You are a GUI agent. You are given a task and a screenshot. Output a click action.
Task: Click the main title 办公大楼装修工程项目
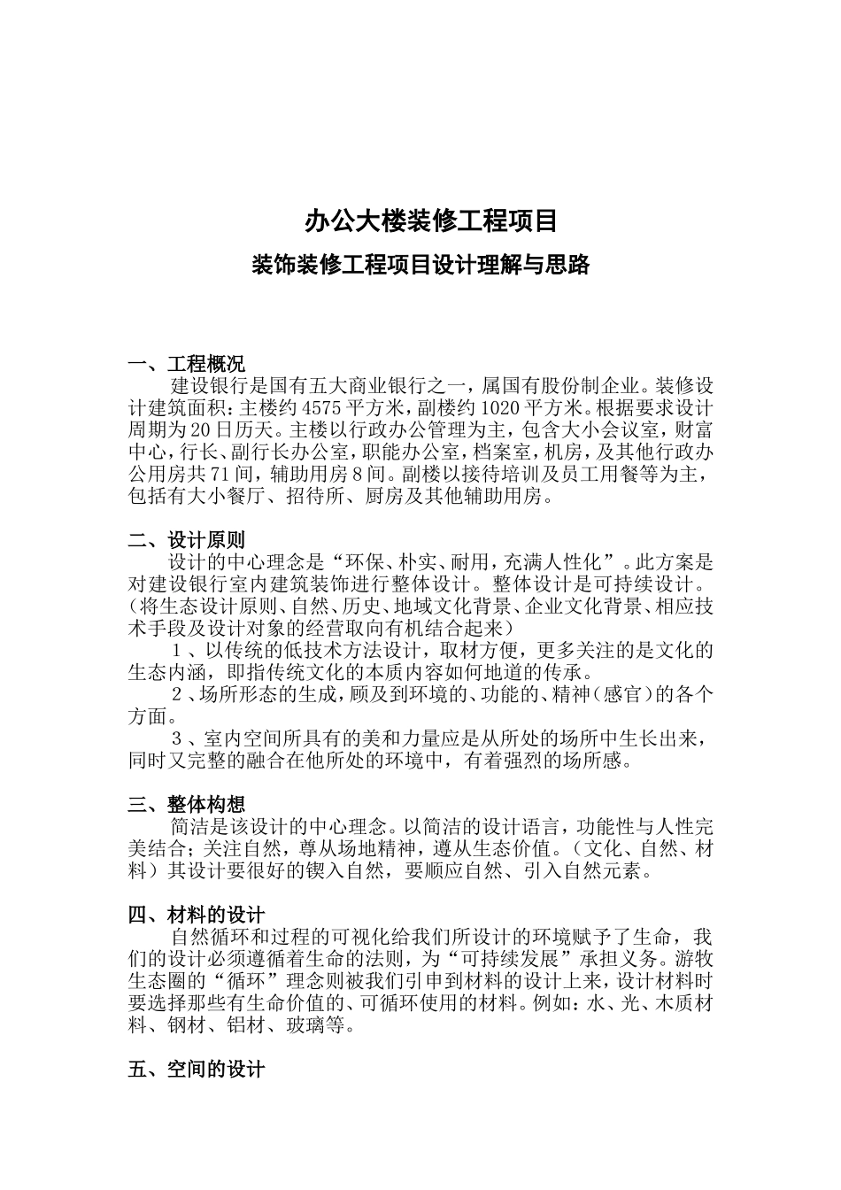coord(431,220)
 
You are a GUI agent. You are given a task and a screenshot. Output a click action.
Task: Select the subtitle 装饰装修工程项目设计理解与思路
coord(420,265)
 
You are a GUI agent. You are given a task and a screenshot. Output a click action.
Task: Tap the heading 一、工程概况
coord(187,364)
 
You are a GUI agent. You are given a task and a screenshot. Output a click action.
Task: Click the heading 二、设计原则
coord(187,540)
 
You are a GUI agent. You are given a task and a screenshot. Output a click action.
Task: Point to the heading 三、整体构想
coord(187,805)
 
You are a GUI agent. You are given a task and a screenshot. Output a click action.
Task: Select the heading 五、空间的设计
coord(197,1070)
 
